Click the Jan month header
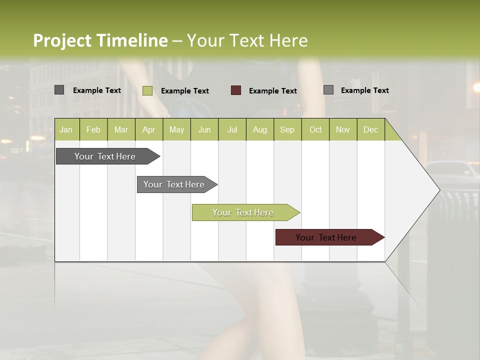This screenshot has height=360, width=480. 66,129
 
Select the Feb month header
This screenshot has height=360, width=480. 93,129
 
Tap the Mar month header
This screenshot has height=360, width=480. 121,129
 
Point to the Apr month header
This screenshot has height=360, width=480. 149,129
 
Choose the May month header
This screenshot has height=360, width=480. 176,129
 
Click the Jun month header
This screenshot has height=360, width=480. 204,129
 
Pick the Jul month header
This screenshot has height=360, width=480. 232,129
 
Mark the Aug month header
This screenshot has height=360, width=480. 259,129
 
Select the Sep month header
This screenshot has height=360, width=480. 287,129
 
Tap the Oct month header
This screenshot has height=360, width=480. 315,129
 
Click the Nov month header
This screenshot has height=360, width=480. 343,129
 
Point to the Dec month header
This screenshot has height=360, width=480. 370,129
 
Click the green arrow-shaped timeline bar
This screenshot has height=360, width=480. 243,212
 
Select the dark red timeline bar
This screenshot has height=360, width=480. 326,237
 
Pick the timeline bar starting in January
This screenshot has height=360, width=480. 105,156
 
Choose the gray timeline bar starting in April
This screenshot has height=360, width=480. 174,184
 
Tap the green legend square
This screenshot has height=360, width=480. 147,90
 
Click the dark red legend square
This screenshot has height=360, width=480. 236,90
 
